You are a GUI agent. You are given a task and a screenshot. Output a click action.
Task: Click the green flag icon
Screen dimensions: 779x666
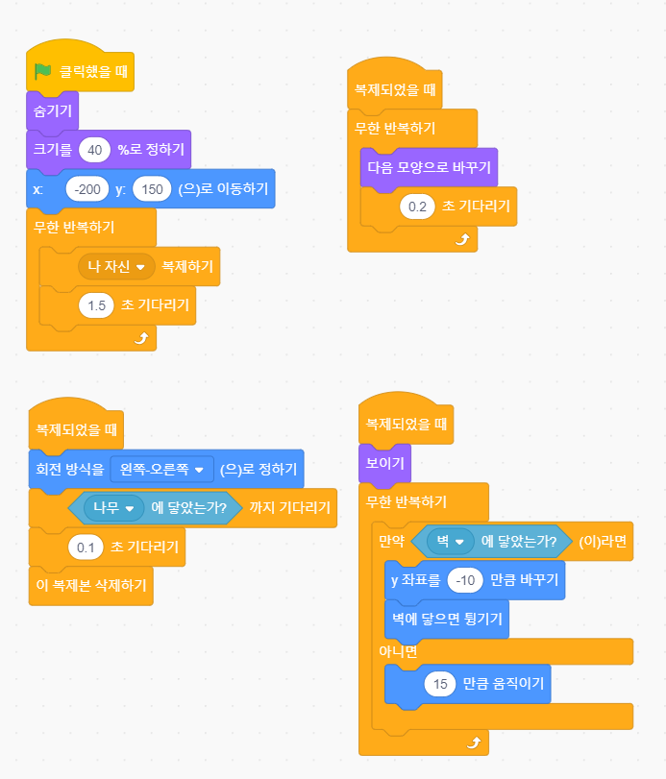click(x=42, y=71)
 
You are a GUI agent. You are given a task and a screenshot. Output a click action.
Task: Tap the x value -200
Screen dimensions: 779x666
click(x=87, y=189)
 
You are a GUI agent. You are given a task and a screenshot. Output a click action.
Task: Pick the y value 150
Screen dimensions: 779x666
click(x=152, y=189)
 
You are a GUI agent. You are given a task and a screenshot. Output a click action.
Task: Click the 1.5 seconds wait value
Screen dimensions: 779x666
click(x=96, y=305)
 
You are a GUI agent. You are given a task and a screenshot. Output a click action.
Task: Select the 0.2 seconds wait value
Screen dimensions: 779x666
click(x=417, y=206)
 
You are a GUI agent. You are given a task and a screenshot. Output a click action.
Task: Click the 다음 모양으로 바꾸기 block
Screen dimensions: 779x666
click(x=429, y=167)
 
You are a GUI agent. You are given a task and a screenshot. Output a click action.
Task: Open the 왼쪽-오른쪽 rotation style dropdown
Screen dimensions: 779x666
click(x=161, y=470)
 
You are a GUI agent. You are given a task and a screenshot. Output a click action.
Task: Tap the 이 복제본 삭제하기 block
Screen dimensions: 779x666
click(x=90, y=585)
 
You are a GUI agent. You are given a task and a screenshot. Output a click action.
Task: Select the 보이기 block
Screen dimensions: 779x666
click(x=384, y=463)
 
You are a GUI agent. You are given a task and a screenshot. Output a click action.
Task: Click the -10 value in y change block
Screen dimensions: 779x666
click(x=467, y=580)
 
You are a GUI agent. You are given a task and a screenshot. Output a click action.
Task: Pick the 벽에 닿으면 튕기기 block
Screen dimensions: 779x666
click(x=446, y=619)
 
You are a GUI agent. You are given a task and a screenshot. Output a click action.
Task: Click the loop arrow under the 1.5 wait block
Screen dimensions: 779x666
click(x=141, y=337)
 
